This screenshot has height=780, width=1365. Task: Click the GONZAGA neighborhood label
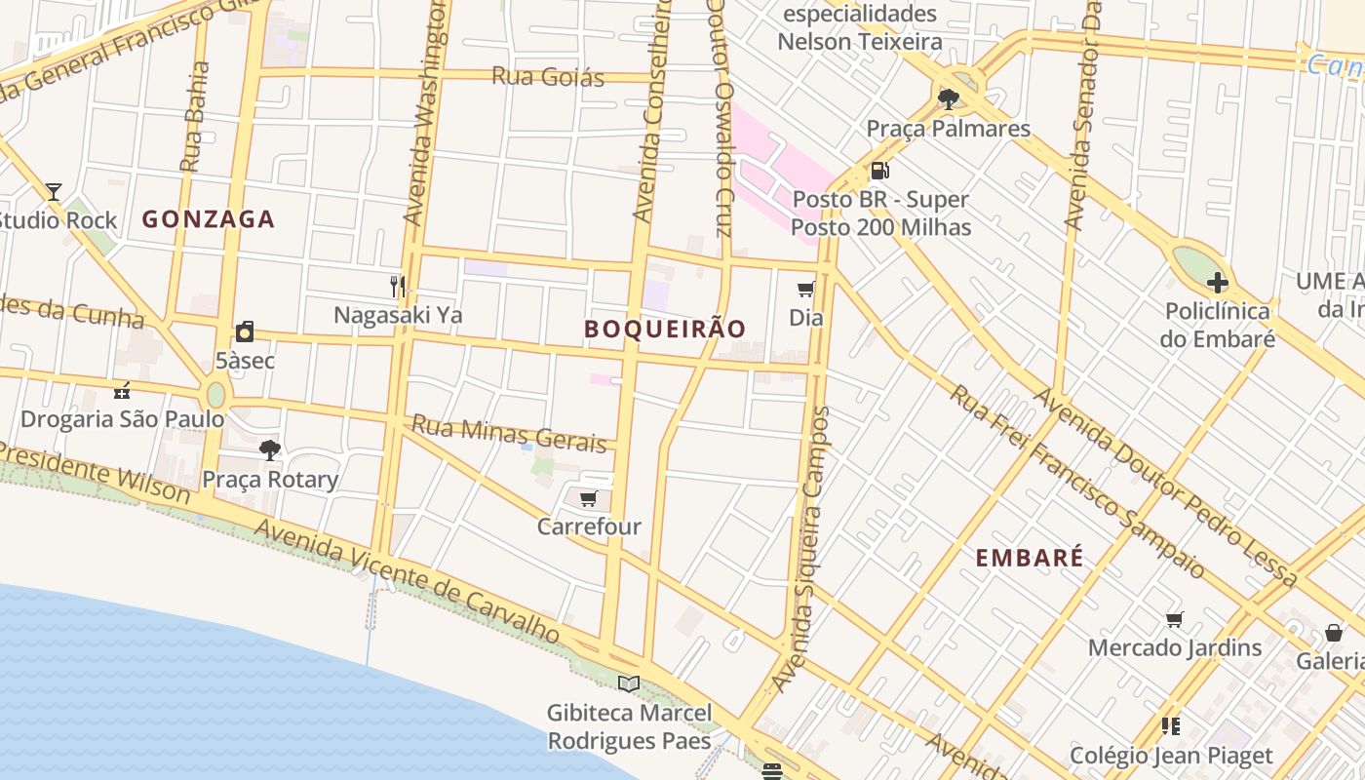point(209,219)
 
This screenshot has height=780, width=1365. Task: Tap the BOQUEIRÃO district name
point(665,330)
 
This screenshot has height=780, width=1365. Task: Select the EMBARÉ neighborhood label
point(1030,558)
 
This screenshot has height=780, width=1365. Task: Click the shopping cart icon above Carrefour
point(588,499)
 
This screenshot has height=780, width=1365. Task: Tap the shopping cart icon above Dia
point(805,289)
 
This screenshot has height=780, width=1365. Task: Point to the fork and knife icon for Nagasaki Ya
point(397,286)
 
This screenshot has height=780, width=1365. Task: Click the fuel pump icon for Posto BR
point(879,171)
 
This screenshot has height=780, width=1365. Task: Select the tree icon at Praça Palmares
point(948,98)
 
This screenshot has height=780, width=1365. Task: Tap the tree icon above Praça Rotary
point(270,449)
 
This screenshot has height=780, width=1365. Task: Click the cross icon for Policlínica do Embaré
point(1217,284)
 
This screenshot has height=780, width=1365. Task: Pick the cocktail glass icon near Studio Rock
point(54,191)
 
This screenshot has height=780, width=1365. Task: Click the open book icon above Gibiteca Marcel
point(629,684)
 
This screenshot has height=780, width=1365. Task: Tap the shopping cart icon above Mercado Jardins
point(1175,619)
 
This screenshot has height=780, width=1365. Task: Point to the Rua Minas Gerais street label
point(509,434)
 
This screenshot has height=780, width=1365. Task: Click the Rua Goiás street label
point(548,77)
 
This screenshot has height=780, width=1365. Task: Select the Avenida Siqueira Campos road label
point(801,546)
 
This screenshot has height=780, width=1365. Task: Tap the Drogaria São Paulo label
point(123,419)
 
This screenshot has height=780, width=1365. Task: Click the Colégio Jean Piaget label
point(1171,756)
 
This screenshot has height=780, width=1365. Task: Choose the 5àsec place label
point(245,361)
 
